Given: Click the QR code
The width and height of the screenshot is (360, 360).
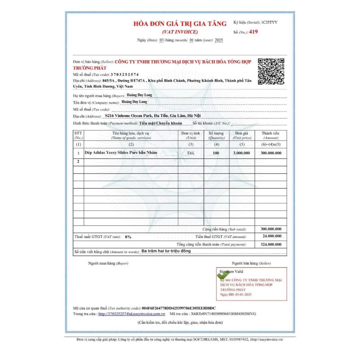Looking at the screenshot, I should [x=271, y=71].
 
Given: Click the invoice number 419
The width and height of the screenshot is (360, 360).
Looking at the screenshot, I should [x=253, y=32].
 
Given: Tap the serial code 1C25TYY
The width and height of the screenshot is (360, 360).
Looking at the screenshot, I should [x=269, y=22].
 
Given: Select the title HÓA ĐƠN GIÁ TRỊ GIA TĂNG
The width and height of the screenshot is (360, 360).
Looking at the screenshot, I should [x=180, y=24].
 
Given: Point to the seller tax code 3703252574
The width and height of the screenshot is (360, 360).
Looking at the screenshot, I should [x=124, y=75].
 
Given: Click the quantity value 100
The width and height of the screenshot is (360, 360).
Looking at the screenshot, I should [x=216, y=153].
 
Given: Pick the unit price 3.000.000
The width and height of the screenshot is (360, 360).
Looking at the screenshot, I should [x=242, y=153].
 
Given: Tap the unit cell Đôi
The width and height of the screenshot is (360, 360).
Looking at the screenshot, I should [x=191, y=153].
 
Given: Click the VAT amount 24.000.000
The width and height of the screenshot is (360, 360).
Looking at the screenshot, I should [x=272, y=236].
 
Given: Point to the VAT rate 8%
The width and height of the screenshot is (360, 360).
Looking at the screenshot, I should [x=128, y=237].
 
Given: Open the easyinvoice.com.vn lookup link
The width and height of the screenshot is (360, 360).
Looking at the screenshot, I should [x=131, y=314].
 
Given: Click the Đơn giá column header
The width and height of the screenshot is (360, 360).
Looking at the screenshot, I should [x=242, y=135].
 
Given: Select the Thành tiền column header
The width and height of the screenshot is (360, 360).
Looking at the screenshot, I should [x=271, y=135].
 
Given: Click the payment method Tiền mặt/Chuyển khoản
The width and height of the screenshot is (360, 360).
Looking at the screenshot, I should [x=160, y=123].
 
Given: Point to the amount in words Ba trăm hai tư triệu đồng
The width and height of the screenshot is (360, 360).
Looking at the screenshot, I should [x=166, y=251].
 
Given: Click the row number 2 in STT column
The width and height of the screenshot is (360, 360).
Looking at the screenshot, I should [x=78, y=162].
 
